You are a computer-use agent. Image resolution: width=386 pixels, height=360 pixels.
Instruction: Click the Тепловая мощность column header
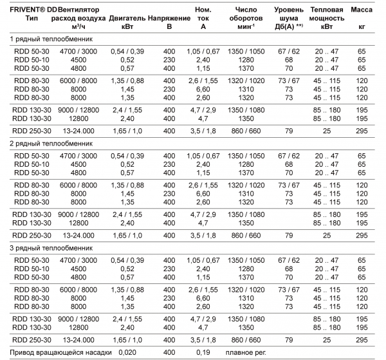(330, 15)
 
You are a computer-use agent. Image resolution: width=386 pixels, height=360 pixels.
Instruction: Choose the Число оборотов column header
(246, 15)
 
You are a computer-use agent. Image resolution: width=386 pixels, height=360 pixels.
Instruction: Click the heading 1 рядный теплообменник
(50, 40)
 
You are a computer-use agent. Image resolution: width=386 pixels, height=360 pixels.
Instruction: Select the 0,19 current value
(203, 352)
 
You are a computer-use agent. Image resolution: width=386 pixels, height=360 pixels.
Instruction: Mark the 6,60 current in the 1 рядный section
(203, 89)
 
